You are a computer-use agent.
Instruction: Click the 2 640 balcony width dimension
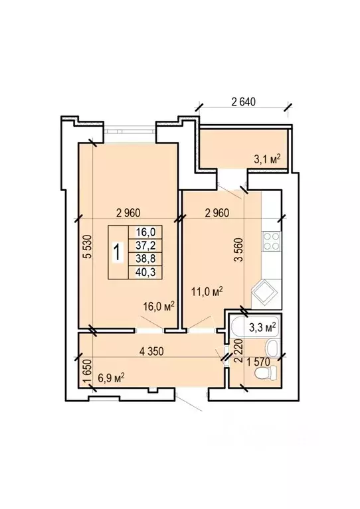pos(243,102)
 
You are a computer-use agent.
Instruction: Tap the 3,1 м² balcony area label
pos(267,159)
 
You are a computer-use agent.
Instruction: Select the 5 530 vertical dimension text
pos(88,246)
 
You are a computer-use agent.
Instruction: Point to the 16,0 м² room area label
pos(159,306)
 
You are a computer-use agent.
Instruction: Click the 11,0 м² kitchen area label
pos(207,291)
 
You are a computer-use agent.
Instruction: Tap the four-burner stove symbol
pos(272,241)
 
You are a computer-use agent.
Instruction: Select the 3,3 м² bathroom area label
pos(262,327)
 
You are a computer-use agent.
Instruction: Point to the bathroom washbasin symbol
pos(271,348)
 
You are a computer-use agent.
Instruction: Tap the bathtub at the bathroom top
pos(255,327)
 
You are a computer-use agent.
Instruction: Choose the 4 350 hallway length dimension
pos(151,351)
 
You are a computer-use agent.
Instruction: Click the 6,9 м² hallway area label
pos(112,378)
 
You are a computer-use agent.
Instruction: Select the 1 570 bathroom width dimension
pos(258,362)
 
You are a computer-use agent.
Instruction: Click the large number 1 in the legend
pos(118,253)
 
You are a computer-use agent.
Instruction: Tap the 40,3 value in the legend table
pos(146,272)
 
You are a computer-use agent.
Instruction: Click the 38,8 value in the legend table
pos(146,259)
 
